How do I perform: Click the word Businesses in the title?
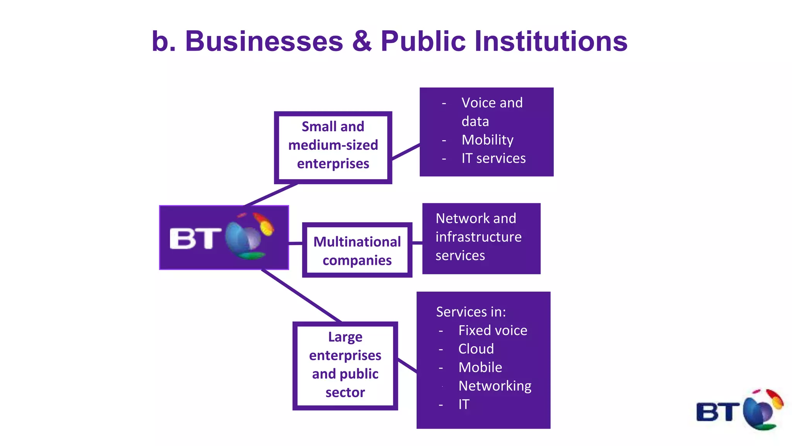pyautogui.click(x=264, y=41)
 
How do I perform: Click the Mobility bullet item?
pyautogui.click(x=487, y=140)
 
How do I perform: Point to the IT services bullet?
pyautogui.click(x=493, y=158)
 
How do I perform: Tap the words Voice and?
pyautogui.click(x=492, y=103)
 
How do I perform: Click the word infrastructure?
pyautogui.click(x=478, y=237)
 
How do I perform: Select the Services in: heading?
pyautogui.click(x=471, y=312)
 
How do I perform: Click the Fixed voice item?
pyautogui.click(x=492, y=331)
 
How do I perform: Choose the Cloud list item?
pyautogui.click(x=476, y=349)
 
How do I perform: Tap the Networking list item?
pyautogui.click(x=495, y=386)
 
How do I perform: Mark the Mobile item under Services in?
pyautogui.click(x=480, y=367)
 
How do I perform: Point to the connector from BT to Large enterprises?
pyautogui.click(x=302, y=296)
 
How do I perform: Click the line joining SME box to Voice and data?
pyautogui.click(x=406, y=152)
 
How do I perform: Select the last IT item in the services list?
pyautogui.click(x=464, y=405)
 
